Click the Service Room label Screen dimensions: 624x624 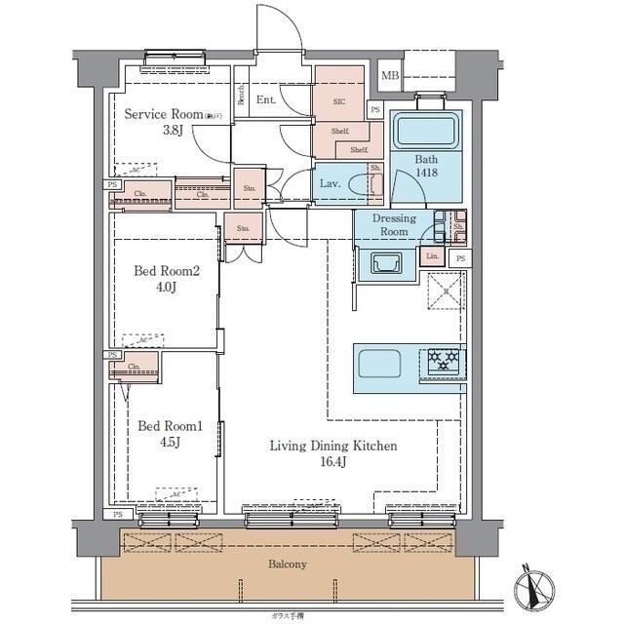164,114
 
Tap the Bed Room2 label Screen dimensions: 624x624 168,272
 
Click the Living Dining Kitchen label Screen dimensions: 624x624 333,446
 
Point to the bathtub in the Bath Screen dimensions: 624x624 425,131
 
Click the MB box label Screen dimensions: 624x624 390,75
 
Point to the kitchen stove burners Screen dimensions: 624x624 446,363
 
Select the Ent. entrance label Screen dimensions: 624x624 266,99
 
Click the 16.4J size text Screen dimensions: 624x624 333,462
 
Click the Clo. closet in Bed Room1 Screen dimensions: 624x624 136,367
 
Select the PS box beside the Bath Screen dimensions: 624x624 375,110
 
